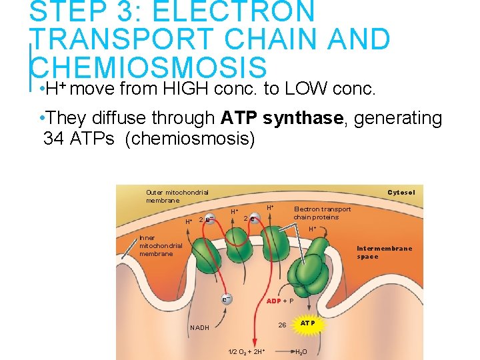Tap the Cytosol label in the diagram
click(x=401, y=193)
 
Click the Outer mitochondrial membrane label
click(x=177, y=196)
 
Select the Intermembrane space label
click(x=384, y=253)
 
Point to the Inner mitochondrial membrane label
click(x=160, y=245)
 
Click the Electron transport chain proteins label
click(x=322, y=213)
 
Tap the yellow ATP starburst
click(x=307, y=323)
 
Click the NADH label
click(x=199, y=327)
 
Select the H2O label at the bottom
click(x=301, y=352)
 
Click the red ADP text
click(x=273, y=301)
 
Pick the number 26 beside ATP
click(x=282, y=325)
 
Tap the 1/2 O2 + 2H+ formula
click(x=247, y=352)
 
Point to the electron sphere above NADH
click(x=227, y=298)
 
